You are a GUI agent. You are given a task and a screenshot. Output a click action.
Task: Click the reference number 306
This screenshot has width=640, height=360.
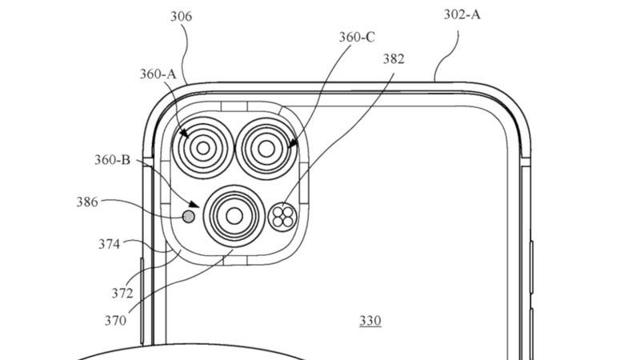click(182, 17)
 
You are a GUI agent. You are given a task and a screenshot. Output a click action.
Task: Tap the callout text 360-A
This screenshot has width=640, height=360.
click(158, 74)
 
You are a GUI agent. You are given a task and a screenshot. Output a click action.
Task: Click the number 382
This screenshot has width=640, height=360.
click(394, 58)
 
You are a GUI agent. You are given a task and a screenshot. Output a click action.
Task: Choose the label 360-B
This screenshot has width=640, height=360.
click(113, 160)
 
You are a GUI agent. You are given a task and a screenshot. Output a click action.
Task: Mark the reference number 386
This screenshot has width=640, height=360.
click(87, 202)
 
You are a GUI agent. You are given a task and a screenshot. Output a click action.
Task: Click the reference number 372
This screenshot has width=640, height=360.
click(122, 294)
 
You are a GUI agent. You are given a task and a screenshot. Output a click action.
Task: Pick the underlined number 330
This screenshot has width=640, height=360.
click(370, 322)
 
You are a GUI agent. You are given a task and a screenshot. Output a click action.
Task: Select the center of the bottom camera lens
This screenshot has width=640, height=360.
click(234, 214)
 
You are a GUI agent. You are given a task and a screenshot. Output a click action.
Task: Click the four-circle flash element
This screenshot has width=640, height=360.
click(282, 215)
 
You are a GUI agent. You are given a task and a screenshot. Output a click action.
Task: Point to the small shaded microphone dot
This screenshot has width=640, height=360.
click(190, 215)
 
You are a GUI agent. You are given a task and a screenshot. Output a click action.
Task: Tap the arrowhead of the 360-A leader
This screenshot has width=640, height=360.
click(185, 135)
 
